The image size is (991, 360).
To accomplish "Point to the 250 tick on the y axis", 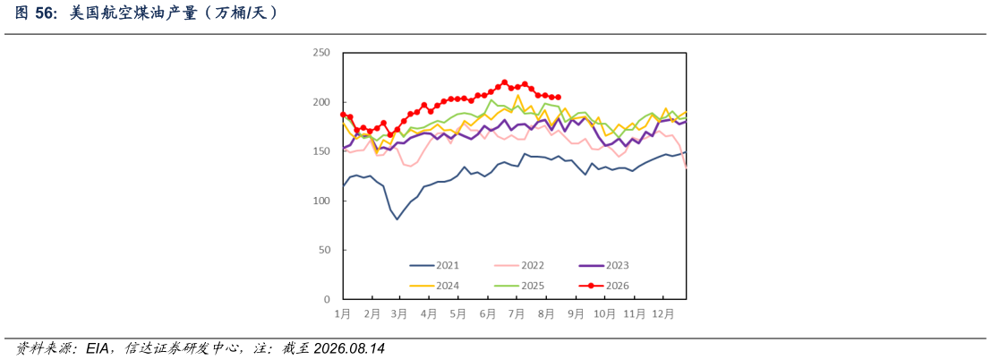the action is [x=322, y=53].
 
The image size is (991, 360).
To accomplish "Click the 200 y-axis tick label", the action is [x=322, y=102].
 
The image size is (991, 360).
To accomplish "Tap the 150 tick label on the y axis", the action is [x=322, y=151].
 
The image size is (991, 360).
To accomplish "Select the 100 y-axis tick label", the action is [x=322, y=201].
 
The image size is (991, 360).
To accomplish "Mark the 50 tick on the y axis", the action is [x=325, y=250].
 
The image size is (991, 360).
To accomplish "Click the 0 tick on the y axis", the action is [x=328, y=299].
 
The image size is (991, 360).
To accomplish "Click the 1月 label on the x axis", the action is [x=343, y=313].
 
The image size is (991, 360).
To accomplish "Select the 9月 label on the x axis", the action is [x=575, y=313].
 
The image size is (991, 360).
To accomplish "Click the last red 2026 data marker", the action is [x=558, y=98].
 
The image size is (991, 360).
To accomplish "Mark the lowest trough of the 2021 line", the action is [x=397, y=219].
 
